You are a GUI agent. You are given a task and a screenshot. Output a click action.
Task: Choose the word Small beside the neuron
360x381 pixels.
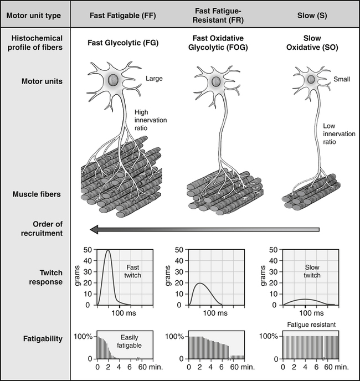(x=342, y=79)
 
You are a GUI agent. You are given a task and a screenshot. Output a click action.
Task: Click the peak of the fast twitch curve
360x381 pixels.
(x=109, y=251)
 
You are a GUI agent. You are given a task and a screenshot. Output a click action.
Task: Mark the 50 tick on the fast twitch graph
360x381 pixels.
(x=88, y=250)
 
